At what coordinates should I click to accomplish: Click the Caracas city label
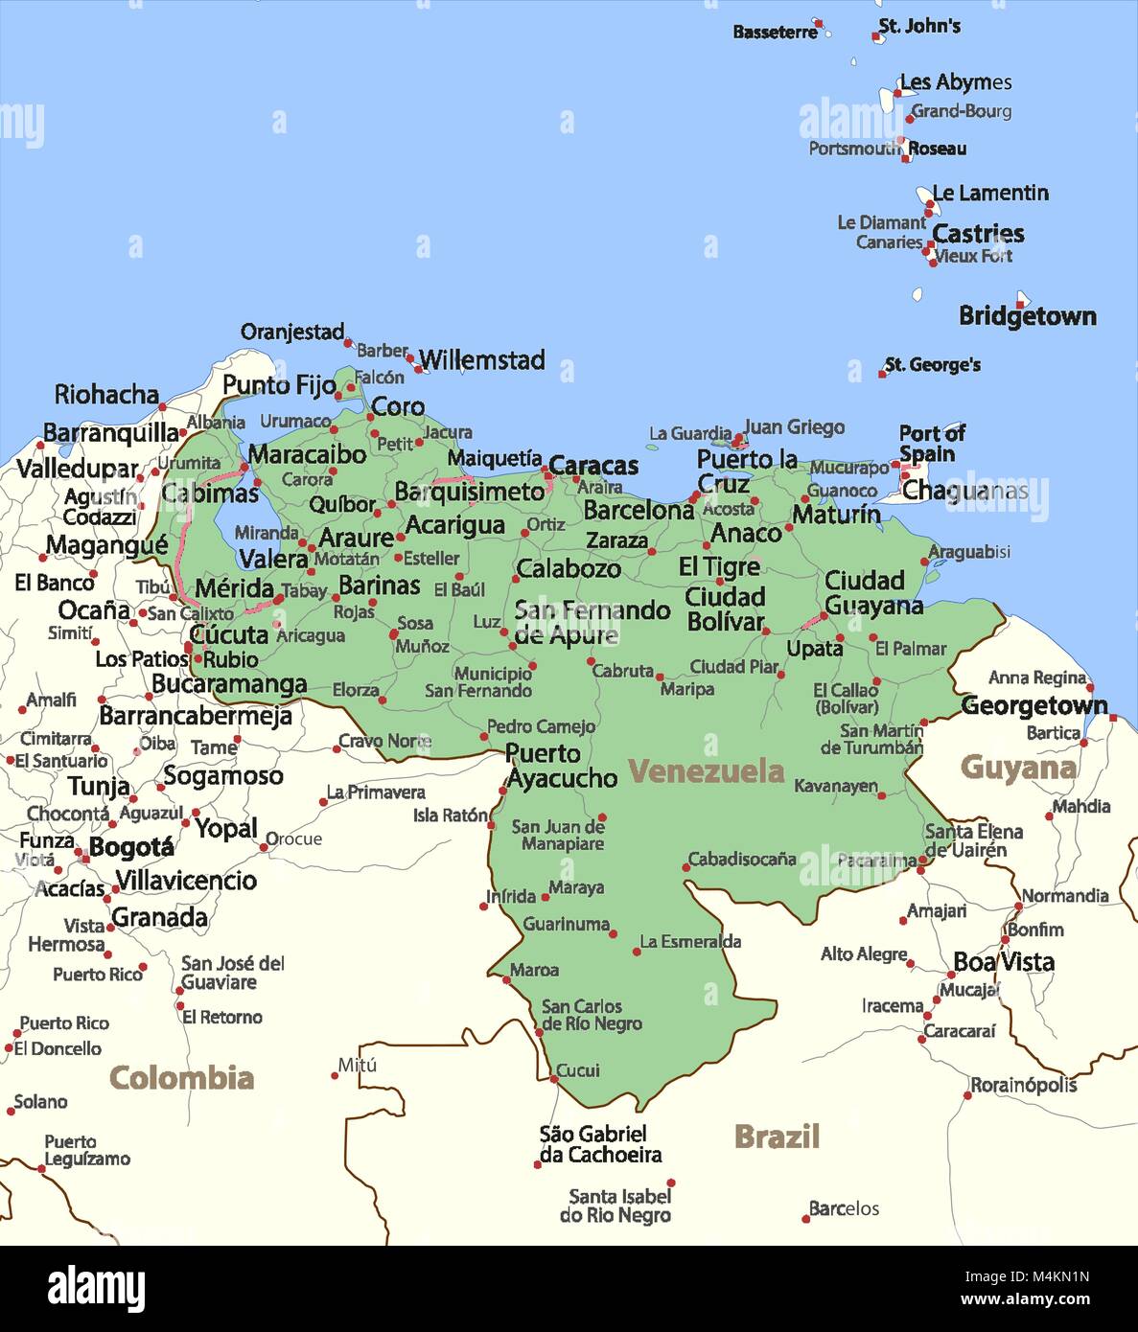(592, 466)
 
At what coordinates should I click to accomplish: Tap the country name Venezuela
(706, 770)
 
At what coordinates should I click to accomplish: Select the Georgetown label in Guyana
(1033, 705)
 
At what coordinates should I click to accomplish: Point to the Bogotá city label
(131, 847)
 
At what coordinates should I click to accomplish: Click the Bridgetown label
(1027, 316)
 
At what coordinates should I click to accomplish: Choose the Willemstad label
(481, 360)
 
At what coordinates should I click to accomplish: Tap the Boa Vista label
(1003, 961)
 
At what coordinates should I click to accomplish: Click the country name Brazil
(777, 1137)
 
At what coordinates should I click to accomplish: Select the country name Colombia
(181, 1077)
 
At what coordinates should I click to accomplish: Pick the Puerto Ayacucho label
(561, 766)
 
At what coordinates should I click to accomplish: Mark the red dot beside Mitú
(335, 1075)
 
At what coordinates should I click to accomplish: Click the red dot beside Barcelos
(805, 1219)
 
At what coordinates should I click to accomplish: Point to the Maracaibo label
(307, 453)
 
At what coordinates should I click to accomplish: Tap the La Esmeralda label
(689, 942)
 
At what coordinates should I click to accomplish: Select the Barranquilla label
(110, 432)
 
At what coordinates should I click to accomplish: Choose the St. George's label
(932, 364)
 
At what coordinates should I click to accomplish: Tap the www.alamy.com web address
(1025, 1300)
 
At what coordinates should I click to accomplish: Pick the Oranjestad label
(291, 333)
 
